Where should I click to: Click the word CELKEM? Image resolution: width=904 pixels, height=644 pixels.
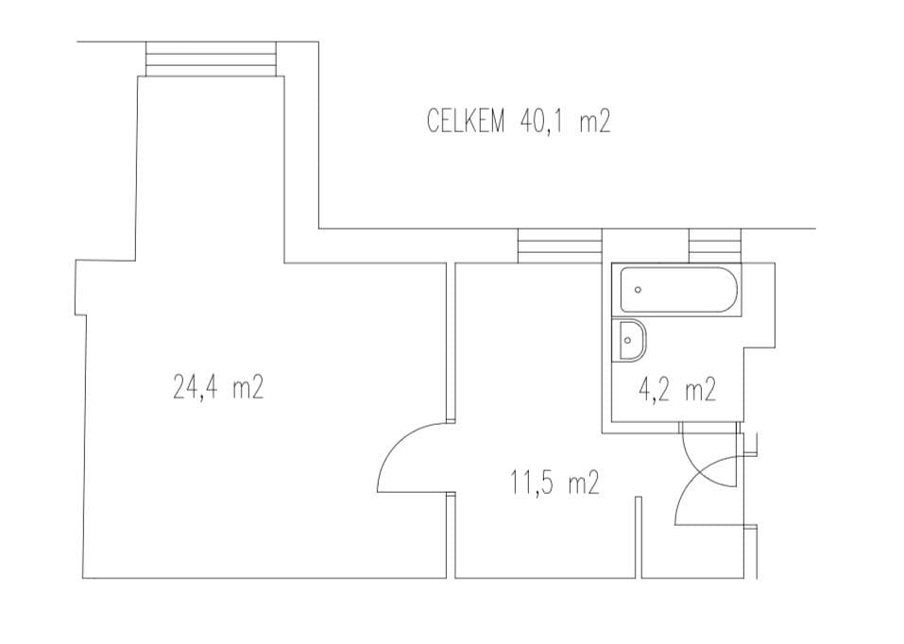[x=468, y=122]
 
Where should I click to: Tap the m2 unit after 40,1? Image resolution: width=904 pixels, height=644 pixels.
[x=594, y=122]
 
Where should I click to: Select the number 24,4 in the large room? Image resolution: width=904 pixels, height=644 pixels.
[x=196, y=388]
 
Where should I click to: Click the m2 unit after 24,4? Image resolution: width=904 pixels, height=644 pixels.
[x=247, y=388]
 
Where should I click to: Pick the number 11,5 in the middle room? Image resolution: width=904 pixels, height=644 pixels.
[x=531, y=485]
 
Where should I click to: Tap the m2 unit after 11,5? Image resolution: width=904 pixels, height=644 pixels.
[x=584, y=485]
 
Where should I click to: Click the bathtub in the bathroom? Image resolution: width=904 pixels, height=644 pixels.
[x=680, y=290]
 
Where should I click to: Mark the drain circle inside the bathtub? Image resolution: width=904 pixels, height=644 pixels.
[x=639, y=290]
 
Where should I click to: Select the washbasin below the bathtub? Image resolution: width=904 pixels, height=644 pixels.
[x=631, y=340]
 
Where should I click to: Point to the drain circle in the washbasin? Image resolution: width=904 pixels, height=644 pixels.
[x=626, y=339]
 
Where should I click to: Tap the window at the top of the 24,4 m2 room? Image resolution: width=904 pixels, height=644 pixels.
[x=213, y=59]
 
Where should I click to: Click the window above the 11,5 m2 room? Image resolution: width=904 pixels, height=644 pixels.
[x=560, y=246]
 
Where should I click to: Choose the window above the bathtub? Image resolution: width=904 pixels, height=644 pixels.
[x=715, y=246]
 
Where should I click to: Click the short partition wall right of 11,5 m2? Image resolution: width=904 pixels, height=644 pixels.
[x=639, y=535]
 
